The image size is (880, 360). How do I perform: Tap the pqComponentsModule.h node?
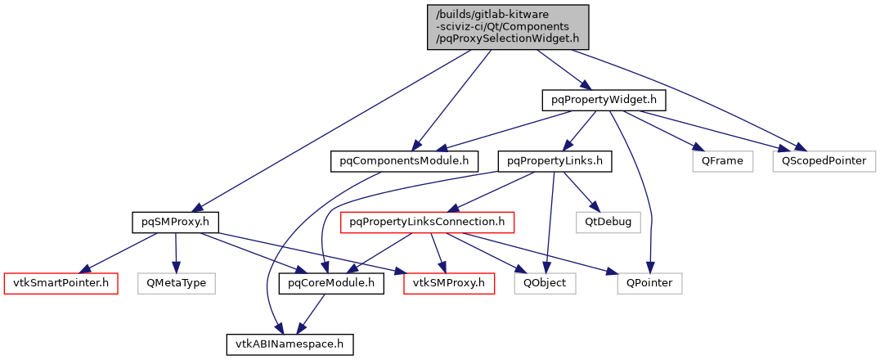click(404, 161)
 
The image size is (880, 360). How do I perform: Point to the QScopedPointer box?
click(823, 161)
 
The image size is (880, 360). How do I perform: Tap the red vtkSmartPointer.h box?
click(61, 284)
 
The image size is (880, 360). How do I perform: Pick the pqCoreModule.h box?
click(331, 284)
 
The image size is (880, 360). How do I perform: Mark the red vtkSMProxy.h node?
click(449, 284)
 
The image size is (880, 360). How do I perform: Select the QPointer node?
click(649, 284)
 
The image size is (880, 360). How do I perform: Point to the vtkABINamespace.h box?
click(290, 344)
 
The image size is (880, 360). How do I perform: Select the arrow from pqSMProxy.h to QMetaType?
click(176, 253)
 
